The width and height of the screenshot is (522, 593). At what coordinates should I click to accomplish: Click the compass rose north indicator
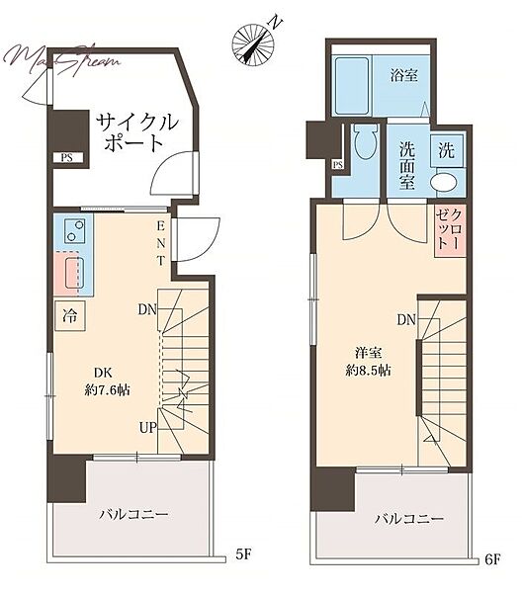253,43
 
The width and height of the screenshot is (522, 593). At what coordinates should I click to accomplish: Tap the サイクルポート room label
136,132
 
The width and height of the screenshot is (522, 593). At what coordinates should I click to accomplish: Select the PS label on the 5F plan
66,158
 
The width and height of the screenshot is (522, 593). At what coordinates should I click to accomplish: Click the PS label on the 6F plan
338,165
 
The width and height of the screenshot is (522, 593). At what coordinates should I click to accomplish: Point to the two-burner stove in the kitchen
75,230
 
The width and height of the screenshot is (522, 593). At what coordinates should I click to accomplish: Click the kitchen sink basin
74,273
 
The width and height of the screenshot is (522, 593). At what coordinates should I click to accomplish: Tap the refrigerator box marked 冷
69,316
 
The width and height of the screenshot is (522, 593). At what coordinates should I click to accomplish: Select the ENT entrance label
161,244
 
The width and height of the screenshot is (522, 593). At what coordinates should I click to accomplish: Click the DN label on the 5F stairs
147,309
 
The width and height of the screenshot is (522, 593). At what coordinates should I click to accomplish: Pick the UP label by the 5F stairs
148,428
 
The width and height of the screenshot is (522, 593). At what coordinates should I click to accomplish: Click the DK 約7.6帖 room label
107,381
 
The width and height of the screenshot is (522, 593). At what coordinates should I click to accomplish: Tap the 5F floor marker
243,554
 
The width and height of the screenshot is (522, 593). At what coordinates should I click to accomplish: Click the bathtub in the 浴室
352,86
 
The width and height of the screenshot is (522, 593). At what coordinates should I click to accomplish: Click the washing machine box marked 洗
446,151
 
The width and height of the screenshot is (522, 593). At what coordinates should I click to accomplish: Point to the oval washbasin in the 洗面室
443,183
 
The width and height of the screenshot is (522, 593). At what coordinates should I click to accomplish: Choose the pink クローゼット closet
450,231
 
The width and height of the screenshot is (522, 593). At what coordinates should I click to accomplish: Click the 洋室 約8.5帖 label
368,362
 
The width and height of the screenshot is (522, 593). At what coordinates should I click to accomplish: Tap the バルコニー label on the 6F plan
409,518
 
